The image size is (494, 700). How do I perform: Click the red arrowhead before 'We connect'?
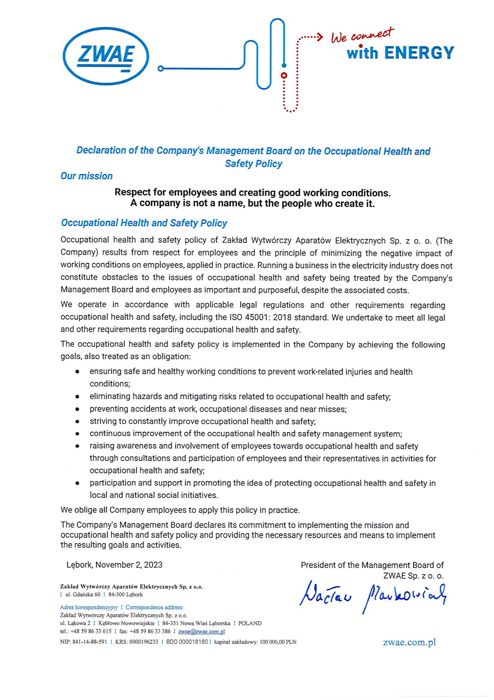320,37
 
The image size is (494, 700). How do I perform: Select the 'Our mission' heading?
86,176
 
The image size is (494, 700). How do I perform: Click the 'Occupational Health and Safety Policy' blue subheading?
144,223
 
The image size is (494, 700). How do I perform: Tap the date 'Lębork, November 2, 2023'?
115,565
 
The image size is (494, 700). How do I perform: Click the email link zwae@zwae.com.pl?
201,631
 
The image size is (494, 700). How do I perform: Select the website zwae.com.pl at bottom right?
409,642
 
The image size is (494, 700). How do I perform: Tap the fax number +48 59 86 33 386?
150,631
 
